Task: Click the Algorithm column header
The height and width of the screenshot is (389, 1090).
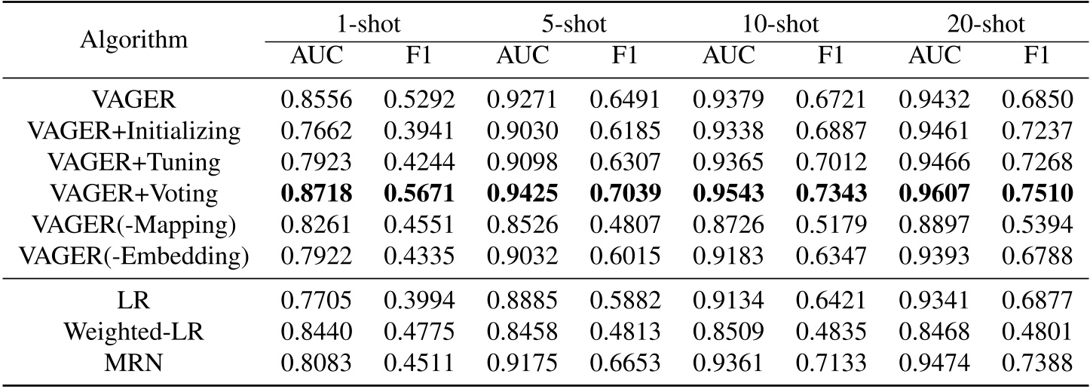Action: (134, 39)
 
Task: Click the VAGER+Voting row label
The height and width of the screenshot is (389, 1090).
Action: (134, 194)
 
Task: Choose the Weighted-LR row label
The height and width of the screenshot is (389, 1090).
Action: (134, 329)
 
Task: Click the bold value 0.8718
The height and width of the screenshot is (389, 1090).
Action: (317, 194)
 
